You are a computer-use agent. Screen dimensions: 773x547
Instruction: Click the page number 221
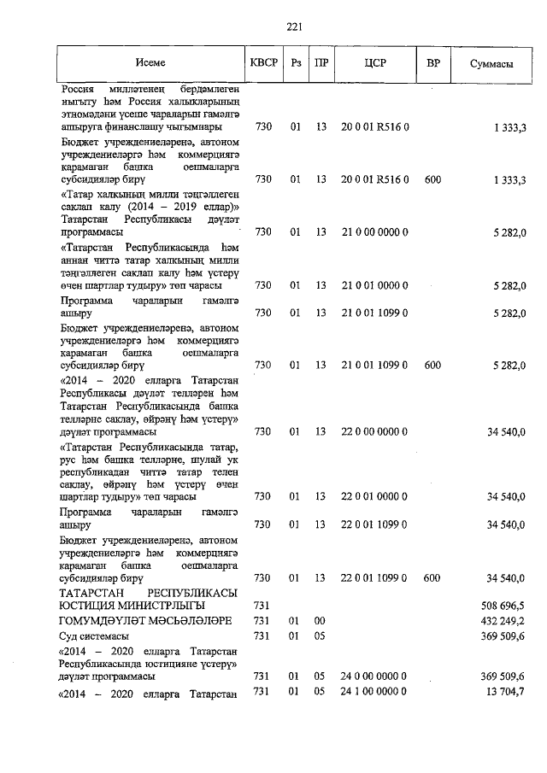click(x=295, y=26)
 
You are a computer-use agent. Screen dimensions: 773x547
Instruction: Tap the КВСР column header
click(x=263, y=63)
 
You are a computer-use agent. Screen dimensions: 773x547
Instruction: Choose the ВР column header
click(x=432, y=63)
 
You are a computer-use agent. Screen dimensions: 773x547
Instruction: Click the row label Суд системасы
click(x=94, y=636)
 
